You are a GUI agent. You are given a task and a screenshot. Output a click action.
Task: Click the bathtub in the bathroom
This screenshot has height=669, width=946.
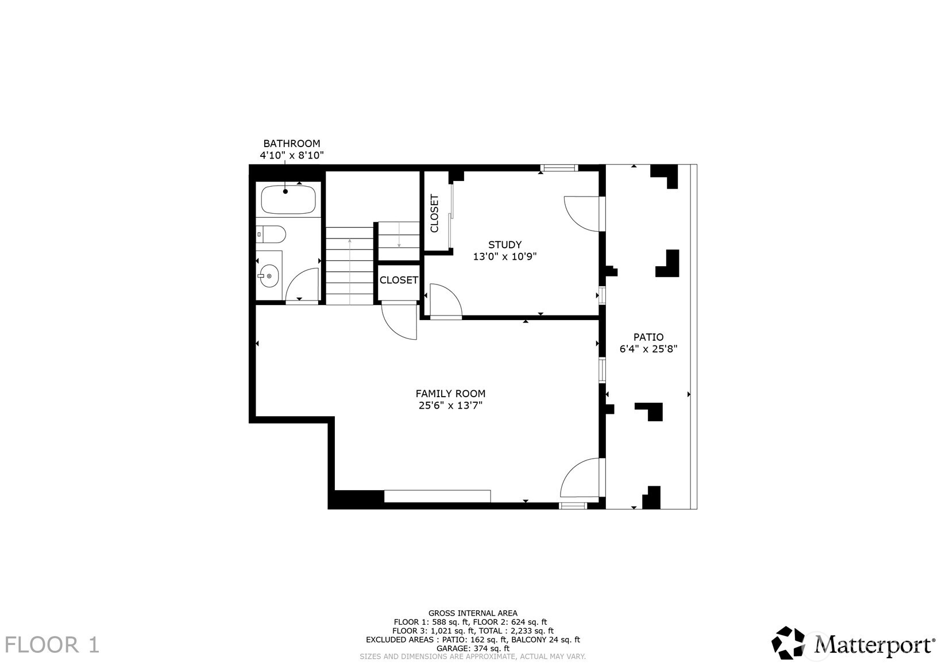click(288, 199)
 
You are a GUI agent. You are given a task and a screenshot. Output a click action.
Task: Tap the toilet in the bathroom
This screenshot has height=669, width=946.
click(272, 234)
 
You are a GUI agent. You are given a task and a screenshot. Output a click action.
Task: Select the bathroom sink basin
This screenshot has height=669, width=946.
click(269, 276)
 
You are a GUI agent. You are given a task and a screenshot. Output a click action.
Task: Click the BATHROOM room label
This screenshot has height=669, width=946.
click(291, 144)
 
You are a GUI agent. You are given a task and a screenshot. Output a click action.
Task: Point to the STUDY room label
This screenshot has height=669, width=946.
click(505, 245)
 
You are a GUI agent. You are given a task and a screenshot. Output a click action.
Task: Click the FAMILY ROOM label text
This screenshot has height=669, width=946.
click(450, 394)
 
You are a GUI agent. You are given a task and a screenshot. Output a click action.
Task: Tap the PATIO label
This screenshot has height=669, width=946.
click(648, 337)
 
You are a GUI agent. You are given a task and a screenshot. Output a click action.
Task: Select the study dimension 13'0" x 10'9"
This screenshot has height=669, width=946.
click(505, 257)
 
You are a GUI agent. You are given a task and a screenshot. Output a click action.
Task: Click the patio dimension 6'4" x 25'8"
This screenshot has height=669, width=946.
click(648, 349)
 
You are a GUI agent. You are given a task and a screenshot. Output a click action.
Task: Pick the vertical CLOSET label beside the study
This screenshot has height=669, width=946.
click(435, 213)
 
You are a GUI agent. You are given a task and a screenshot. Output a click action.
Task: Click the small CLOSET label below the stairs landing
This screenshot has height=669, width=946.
click(399, 280)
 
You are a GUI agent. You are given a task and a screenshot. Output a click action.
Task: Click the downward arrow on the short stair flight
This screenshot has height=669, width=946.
click(399, 244)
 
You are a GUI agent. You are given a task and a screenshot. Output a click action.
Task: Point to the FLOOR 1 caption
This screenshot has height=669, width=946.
click(52, 645)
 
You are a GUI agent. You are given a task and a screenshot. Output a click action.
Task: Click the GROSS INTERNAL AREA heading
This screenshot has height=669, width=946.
click(473, 613)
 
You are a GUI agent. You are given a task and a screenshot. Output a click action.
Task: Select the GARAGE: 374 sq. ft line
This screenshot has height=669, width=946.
click(473, 648)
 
